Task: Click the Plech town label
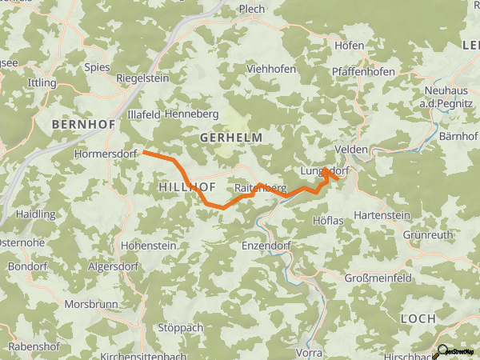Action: [x=253, y=10]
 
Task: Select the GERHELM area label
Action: [x=231, y=138]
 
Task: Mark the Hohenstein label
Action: [x=147, y=246]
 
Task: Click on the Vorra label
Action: [x=309, y=352]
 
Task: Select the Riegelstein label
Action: [x=143, y=79]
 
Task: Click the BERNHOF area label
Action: [x=83, y=125]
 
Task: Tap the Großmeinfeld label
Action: [x=378, y=278]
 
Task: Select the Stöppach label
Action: [x=181, y=328]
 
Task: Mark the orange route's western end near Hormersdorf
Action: [x=145, y=151]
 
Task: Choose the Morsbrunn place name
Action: [x=91, y=305]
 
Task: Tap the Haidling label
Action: [x=36, y=214]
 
